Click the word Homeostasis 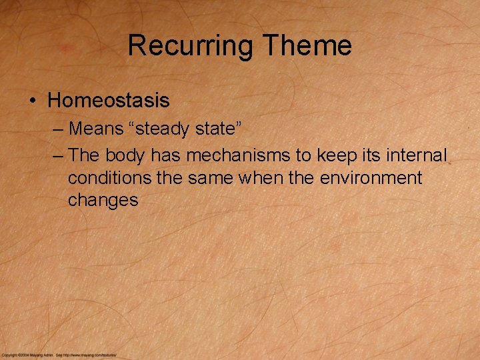(x=109, y=101)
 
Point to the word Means (x=96, y=128)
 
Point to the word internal (x=417, y=156)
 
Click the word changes (x=103, y=200)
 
